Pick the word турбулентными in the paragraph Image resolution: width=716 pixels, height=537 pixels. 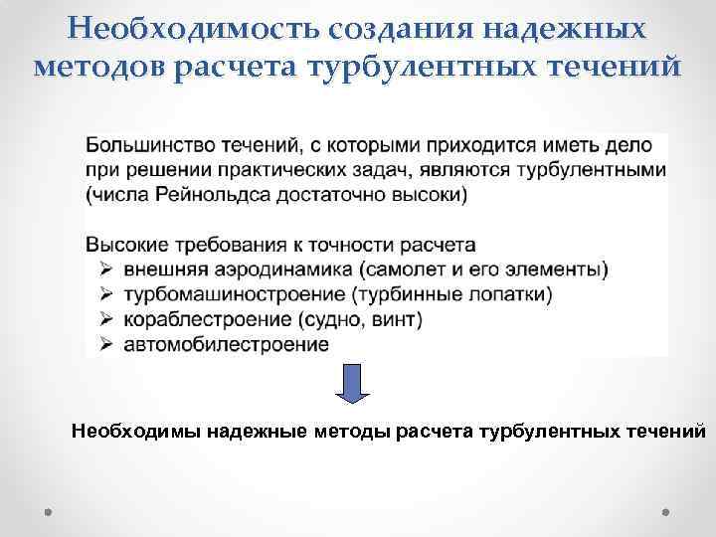[x=602, y=170]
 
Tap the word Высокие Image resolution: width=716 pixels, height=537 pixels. [x=125, y=245]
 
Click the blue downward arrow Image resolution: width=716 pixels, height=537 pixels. [x=352, y=383]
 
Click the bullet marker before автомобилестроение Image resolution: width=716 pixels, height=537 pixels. [x=104, y=344]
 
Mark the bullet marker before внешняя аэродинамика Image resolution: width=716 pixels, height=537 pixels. [x=104, y=269]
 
